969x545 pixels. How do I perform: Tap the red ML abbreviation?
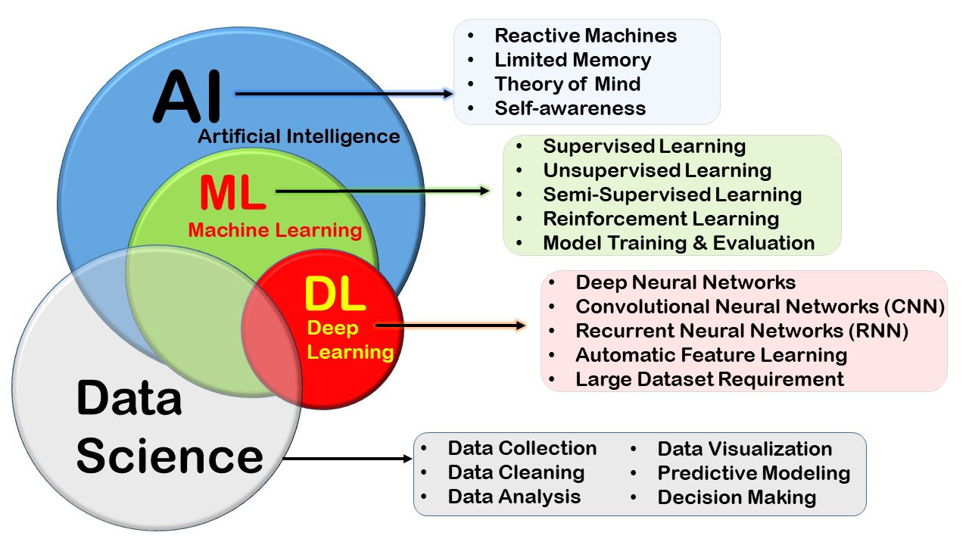point(232,194)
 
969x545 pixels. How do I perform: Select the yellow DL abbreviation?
point(335,295)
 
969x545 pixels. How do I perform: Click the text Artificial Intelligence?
point(299,137)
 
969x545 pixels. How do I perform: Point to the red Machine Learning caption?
point(275,230)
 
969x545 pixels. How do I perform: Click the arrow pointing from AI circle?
point(344,94)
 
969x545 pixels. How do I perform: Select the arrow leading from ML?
point(383,192)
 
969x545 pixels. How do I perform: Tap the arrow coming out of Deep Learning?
point(451,325)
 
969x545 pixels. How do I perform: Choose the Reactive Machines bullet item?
point(585,36)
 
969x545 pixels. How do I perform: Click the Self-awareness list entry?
point(570,108)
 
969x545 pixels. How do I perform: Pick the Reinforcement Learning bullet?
point(661,219)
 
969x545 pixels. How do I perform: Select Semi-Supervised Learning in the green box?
point(672,195)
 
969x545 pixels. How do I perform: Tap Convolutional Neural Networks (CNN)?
point(760,307)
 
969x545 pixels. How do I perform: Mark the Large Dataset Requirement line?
point(709,378)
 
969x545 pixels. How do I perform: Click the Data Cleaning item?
point(516,472)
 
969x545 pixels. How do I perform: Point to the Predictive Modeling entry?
point(753,473)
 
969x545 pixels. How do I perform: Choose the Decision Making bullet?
point(737,497)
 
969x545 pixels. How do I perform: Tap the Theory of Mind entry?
point(567,84)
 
